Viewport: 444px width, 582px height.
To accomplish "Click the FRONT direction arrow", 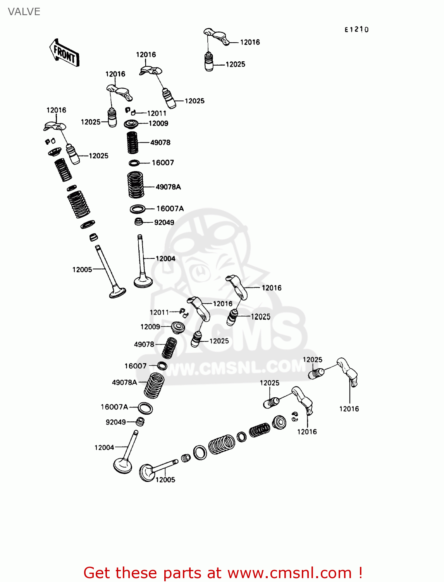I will (x=64, y=53).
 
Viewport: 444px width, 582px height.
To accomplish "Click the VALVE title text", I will (x=24, y=12).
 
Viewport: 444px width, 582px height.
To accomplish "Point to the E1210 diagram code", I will (x=356, y=29).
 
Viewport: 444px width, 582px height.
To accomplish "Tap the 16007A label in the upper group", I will (x=170, y=209).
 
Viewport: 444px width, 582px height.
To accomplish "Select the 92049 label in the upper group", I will (x=164, y=222).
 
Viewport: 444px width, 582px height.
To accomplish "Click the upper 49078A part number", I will (x=168, y=187).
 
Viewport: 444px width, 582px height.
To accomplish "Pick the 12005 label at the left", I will (x=82, y=270).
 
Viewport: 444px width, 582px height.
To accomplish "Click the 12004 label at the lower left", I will (x=104, y=447).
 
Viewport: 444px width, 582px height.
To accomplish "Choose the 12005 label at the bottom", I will (x=165, y=480).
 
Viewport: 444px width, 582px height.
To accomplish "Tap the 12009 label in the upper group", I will (x=158, y=123).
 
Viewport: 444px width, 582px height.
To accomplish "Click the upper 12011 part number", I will (x=157, y=113).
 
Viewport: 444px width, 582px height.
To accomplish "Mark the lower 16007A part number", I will (x=114, y=407).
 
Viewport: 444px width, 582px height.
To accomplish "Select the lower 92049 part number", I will (x=115, y=422).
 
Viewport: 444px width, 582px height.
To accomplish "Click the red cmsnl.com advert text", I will (x=223, y=573).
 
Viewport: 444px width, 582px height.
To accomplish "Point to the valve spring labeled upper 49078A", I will (x=135, y=184).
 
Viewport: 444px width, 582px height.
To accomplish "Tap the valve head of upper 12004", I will (x=143, y=281).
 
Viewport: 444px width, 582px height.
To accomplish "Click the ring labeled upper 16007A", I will (x=138, y=209).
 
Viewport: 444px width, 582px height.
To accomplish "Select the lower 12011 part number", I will (x=159, y=312).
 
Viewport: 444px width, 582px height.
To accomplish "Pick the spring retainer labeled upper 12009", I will (x=131, y=124).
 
